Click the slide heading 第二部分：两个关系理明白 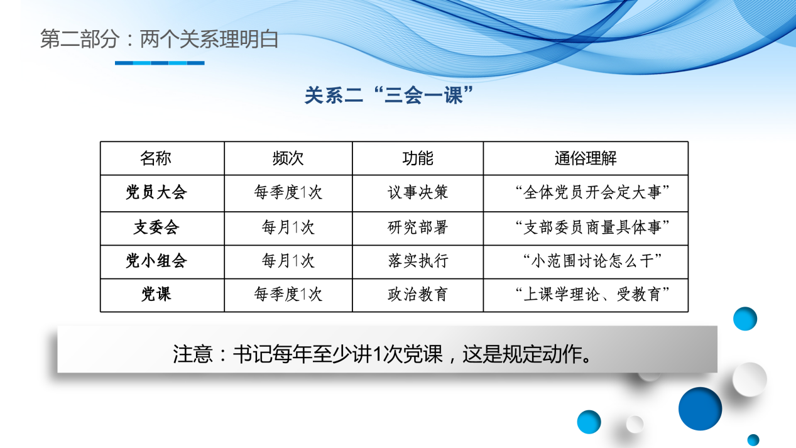tap(159, 40)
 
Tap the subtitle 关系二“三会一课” tap(388, 96)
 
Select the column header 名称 tap(156, 158)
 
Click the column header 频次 tap(288, 158)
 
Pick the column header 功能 tap(418, 158)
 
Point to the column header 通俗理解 tap(586, 158)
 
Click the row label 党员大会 tap(156, 193)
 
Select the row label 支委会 tap(156, 227)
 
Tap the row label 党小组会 tap(156, 261)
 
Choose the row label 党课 tap(156, 294)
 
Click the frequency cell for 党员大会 tap(288, 193)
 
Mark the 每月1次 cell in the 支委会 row tap(288, 227)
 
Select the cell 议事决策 tap(418, 193)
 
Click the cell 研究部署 tap(418, 227)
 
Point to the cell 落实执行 tap(418, 261)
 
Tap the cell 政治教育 tap(418, 294)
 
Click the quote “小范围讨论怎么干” tap(591, 261)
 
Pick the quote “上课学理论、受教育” tap(591, 294)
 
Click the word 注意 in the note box tap(193, 354)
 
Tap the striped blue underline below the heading tap(160, 63)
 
